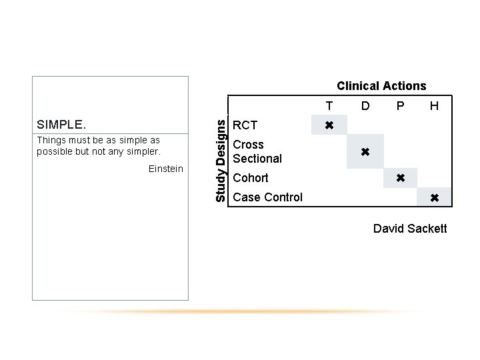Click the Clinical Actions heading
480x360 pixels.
coord(381,86)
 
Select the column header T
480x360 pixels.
coord(329,106)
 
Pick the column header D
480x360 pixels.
coord(365,106)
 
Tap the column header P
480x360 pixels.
coord(400,106)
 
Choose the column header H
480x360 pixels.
coord(434,106)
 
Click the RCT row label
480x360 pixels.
coord(245,125)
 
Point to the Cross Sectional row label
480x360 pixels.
coord(257,151)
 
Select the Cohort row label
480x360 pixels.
coord(251,178)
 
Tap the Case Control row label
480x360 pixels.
coord(267,197)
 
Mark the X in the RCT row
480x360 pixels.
coord(329,125)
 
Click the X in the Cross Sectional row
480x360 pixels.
coord(365,152)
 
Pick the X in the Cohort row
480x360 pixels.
coord(400,178)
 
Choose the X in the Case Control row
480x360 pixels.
coord(434,197)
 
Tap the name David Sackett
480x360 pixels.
coord(410,229)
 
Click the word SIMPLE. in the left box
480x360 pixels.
coord(61,125)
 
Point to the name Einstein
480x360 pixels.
coord(166,169)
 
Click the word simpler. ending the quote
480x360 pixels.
coord(143,151)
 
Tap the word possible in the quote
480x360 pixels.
coord(55,151)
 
